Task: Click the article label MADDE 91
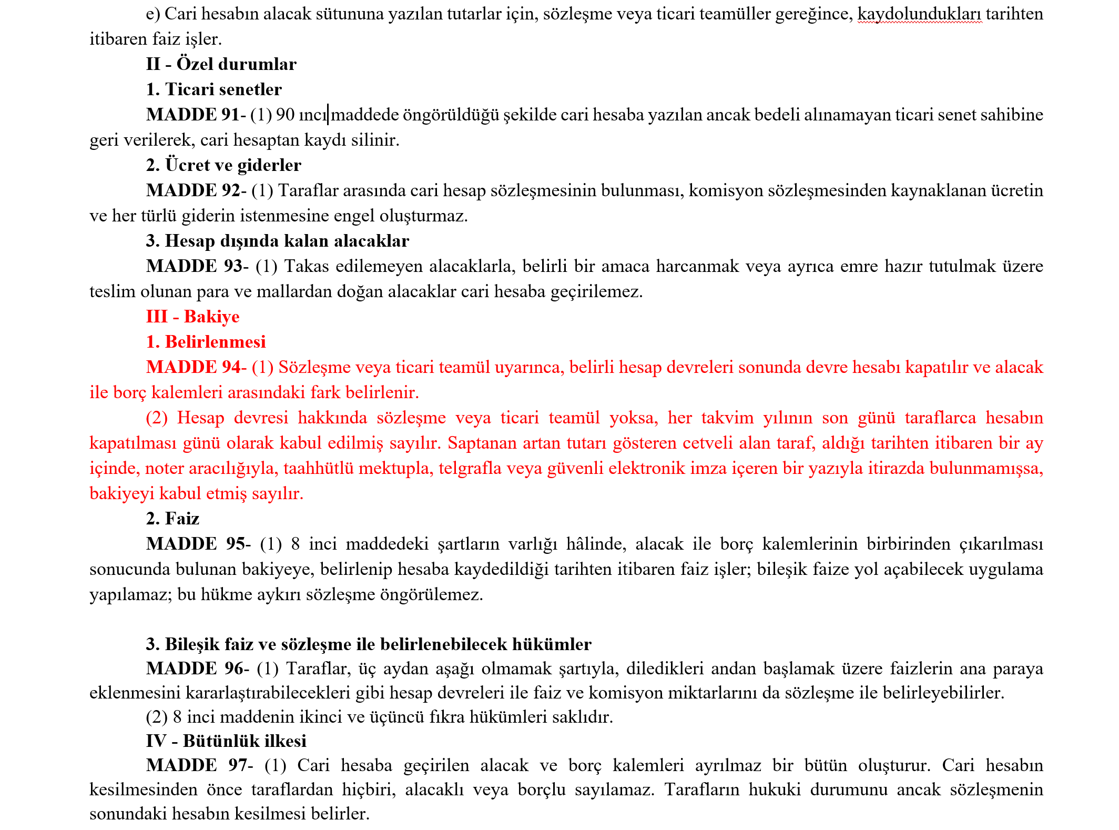pos(193,115)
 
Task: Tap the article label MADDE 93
pos(195,266)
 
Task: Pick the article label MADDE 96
pos(195,669)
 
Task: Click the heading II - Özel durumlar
pos(221,64)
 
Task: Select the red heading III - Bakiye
pos(193,317)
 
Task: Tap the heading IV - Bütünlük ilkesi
pos(226,741)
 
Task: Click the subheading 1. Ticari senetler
pos(214,89)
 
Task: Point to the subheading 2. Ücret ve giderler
pos(223,165)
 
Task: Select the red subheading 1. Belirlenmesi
pos(206,342)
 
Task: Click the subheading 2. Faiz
pos(173,519)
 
